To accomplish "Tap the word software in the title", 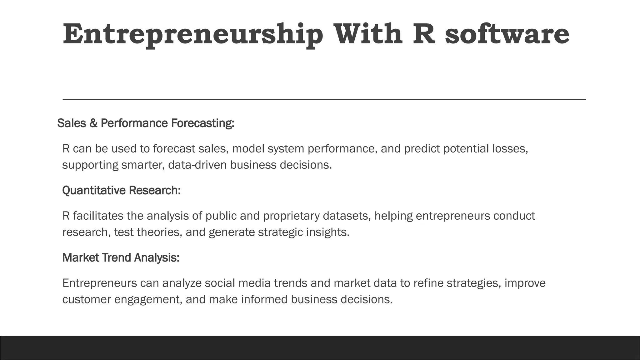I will [507, 34].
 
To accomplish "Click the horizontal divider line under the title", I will [324, 99].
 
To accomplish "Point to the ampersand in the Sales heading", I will [93, 123].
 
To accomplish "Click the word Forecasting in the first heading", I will [202, 123].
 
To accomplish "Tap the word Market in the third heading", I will [81, 258].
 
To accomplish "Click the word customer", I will [87, 299].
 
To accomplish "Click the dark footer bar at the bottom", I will [320, 348].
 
